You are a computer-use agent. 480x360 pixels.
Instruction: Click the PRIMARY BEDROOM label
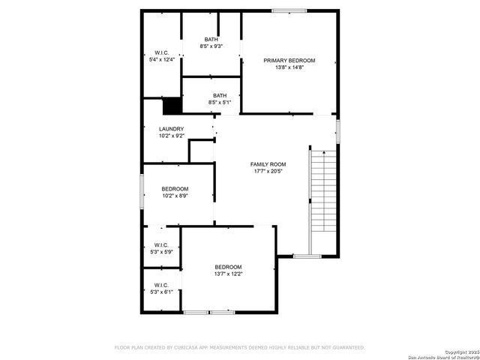coord(289,60)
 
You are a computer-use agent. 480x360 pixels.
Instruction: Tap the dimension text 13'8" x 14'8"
coord(289,67)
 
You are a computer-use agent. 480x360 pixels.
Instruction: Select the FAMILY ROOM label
coord(268,164)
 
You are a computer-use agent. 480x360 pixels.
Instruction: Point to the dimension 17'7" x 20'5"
coord(268,171)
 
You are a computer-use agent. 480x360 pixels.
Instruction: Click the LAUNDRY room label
coord(171,129)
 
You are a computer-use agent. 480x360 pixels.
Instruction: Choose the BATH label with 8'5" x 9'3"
coord(211,39)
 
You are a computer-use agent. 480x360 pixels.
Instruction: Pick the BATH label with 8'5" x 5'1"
coord(219,95)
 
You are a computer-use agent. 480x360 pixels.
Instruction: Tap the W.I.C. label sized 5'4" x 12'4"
coord(162,53)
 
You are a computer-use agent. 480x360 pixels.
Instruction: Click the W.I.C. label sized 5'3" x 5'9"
coord(162,245)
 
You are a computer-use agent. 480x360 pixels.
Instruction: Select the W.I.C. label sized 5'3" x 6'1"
coord(162,285)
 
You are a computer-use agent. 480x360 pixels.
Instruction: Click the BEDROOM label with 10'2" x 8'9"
coord(175,189)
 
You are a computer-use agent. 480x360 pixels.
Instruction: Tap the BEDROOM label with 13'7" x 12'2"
coord(228,267)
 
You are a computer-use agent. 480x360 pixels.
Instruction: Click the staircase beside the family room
coord(322,191)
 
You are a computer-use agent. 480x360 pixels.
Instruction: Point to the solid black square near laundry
coord(172,106)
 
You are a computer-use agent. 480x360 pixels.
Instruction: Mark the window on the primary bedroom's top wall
coord(289,10)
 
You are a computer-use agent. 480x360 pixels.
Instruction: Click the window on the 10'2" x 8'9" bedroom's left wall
coord(142,191)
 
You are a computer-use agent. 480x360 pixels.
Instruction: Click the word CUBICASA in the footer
coord(184,347)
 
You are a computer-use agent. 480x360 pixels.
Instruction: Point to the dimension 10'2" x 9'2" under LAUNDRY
coord(171,136)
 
